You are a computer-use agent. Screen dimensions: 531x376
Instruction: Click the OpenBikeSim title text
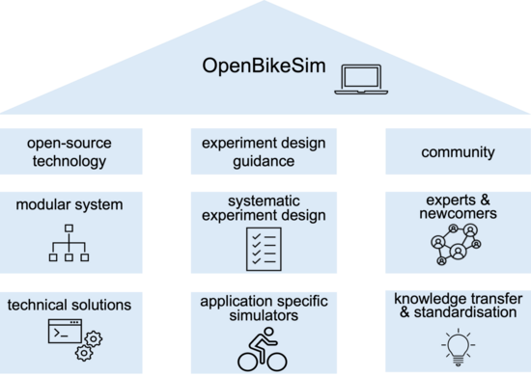tap(264, 66)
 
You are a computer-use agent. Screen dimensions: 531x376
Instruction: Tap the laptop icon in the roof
tap(361, 79)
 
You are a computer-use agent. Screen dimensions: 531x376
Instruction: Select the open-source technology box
tap(71, 151)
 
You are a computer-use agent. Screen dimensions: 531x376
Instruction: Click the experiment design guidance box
tap(264, 151)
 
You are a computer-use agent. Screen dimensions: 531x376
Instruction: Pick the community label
tap(458, 152)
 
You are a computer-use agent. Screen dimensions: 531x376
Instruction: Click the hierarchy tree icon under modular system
tap(69, 243)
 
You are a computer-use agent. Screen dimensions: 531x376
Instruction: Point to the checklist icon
tap(264, 249)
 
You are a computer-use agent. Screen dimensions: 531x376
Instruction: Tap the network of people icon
tap(456, 244)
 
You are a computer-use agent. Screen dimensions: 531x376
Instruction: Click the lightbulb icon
tap(458, 347)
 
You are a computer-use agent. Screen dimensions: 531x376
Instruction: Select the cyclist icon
tap(263, 349)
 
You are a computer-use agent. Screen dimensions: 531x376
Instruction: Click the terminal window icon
tap(65, 331)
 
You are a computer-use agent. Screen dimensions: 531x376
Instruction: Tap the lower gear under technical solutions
tap(84, 353)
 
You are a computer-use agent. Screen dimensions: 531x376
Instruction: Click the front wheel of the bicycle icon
tap(278, 362)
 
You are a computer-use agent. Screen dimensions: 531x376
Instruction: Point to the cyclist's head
tap(268, 332)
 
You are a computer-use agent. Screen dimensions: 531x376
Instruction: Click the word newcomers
tap(458, 214)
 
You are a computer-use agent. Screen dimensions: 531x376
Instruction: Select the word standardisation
tap(465, 312)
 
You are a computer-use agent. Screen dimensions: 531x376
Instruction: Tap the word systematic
tap(264, 201)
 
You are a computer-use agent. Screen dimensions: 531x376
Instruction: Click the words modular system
tap(70, 205)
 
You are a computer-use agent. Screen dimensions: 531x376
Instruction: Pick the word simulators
tap(264, 316)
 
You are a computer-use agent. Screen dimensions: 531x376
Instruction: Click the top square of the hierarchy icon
tap(69, 228)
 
